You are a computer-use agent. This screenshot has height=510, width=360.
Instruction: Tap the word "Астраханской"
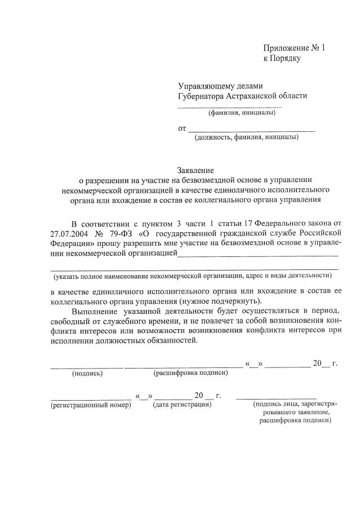[x=267, y=96]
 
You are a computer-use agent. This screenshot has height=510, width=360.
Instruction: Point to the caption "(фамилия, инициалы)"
[x=242, y=113]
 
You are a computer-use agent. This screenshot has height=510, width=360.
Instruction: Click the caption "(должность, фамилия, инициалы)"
[x=246, y=137]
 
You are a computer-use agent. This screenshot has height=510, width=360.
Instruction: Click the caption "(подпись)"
[x=87, y=373]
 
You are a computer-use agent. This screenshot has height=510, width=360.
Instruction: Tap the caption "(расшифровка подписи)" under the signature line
[x=190, y=373]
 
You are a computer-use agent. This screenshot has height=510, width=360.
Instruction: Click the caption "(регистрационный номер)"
[x=91, y=405]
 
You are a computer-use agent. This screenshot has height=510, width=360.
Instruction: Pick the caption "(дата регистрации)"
[x=183, y=404]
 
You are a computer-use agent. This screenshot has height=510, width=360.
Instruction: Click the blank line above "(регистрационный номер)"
[x=91, y=398]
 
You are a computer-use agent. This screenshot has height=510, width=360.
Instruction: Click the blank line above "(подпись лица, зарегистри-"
[x=276, y=398]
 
